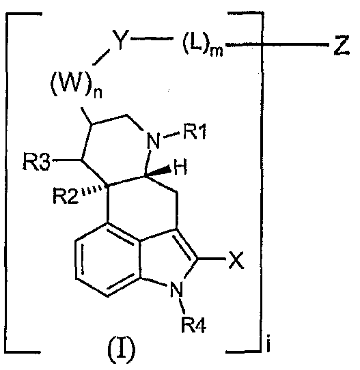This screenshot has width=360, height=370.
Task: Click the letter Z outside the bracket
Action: (342, 46)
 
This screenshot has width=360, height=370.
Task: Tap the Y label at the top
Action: (120, 40)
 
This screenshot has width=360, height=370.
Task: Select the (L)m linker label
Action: (203, 46)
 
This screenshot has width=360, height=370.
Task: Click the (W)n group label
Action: (76, 85)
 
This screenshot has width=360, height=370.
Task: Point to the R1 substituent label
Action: (195, 132)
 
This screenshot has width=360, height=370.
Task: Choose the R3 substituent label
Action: (37, 162)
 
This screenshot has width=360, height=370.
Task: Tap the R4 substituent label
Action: (193, 325)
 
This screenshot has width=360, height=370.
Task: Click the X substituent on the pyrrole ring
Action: (236, 260)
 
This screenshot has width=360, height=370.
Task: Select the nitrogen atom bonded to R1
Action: (153, 141)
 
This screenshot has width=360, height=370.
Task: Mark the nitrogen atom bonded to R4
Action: (176, 289)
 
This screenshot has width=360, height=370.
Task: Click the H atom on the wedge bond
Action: (180, 167)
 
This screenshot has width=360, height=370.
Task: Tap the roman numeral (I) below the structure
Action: (121, 350)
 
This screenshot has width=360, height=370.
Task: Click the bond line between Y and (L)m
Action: (152, 38)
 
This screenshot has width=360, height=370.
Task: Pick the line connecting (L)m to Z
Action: (277, 44)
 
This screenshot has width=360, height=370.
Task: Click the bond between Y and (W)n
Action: (101, 57)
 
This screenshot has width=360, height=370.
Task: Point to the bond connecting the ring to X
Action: (211, 259)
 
